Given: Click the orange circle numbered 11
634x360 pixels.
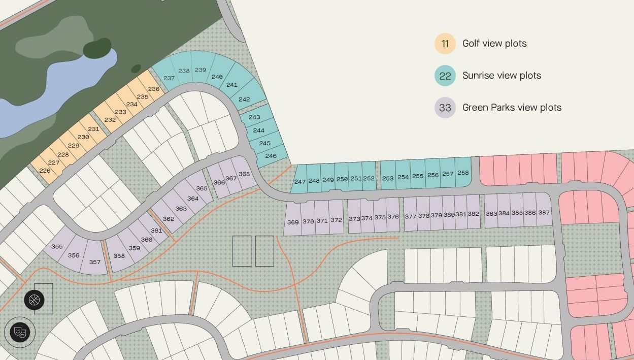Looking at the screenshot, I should (445, 44).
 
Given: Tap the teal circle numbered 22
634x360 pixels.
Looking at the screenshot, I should (445, 76).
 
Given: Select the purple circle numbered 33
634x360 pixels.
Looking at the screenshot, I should (445, 108).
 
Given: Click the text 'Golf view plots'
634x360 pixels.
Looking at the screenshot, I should (494, 44).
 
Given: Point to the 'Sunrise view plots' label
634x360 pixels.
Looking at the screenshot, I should (502, 76).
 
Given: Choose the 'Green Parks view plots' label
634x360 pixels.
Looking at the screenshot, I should (512, 108).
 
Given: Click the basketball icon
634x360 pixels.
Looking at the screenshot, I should (35, 300).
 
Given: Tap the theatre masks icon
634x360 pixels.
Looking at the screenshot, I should (20, 333).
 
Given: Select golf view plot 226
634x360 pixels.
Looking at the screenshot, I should (45, 171).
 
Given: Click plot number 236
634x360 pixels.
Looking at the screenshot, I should (154, 89).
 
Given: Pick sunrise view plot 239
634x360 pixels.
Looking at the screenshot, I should (201, 70).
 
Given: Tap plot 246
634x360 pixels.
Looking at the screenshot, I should (271, 156).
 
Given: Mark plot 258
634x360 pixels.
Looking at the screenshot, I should (463, 173).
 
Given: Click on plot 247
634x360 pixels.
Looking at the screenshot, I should (300, 181).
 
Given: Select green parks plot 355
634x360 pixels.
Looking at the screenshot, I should (57, 247).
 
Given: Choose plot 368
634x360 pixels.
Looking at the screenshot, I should (244, 174).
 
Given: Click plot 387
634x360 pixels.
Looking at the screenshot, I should (544, 213).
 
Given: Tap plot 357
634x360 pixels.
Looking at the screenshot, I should (94, 262).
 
